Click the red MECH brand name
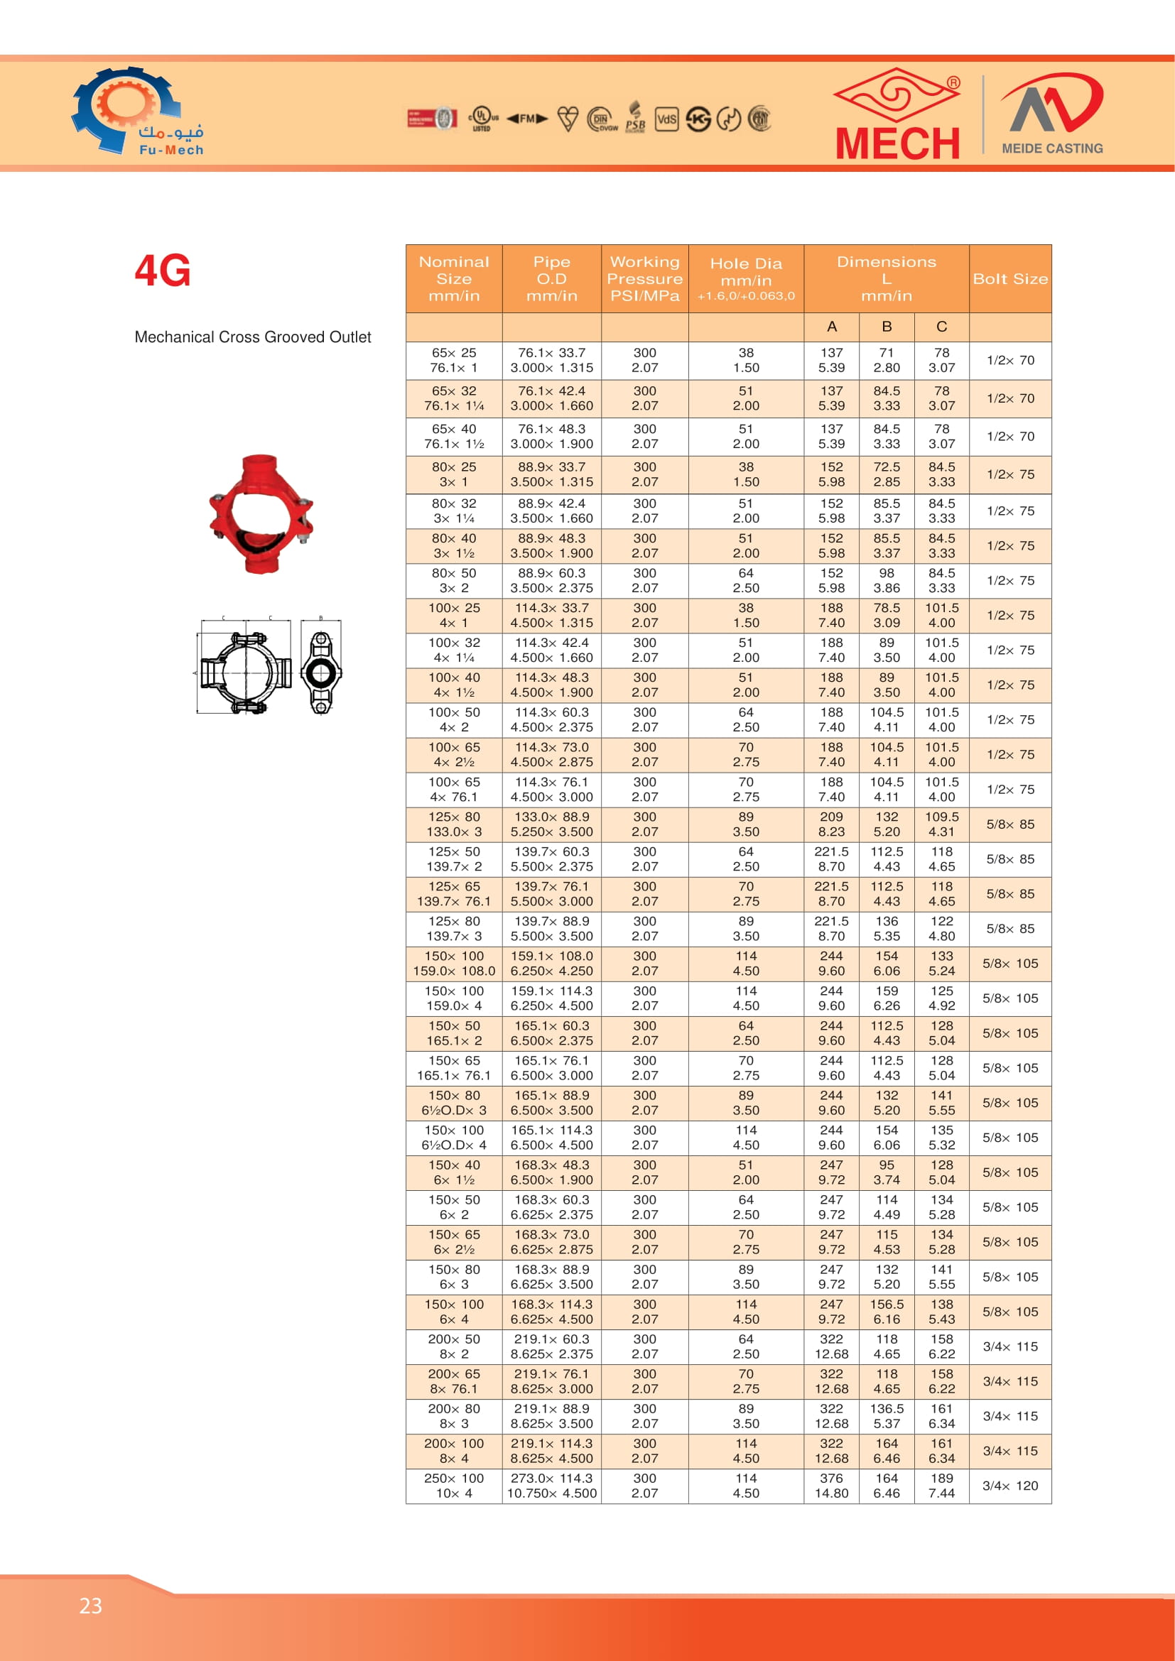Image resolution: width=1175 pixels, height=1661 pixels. pos(897,143)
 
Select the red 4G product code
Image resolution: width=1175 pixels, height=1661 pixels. pos(163,271)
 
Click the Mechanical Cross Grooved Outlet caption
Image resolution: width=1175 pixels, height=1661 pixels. pos(252,337)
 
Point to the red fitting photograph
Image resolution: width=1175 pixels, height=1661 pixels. pos(261,514)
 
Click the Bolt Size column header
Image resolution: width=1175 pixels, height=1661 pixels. pos(1010,279)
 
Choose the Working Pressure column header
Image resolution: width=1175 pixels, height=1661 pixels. pos(644,279)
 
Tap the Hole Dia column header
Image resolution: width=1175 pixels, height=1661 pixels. pos(746,279)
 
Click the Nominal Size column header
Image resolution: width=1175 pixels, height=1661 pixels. pos(454,279)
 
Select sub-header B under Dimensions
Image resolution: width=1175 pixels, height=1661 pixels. pos(887,327)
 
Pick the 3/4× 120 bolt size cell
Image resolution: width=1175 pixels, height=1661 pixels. pos(1010,1485)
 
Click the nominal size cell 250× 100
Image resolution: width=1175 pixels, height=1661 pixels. pos(454,1485)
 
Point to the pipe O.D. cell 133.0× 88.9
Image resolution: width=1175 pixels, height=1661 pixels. pos(551,824)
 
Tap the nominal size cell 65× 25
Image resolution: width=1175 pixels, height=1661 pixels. pos(454,360)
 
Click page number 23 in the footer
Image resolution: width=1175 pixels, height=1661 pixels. pos(91,1606)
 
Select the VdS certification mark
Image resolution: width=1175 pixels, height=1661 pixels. pos(666,119)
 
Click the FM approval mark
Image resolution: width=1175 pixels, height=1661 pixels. pos(526,119)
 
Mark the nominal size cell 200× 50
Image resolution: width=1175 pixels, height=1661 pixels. pos(454,1346)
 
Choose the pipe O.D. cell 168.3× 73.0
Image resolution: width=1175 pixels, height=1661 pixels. pos(551,1242)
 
